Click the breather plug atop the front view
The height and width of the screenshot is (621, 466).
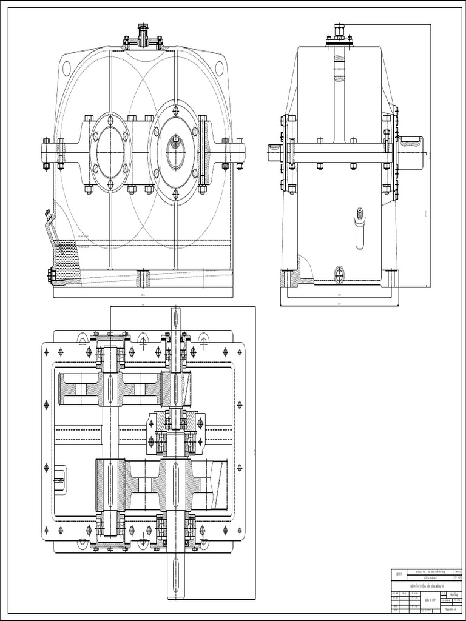click(x=143, y=35)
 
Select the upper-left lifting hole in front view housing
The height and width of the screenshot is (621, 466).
click(x=66, y=68)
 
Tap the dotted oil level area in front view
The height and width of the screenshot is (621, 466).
click(x=67, y=261)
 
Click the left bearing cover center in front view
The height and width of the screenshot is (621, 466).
click(x=110, y=152)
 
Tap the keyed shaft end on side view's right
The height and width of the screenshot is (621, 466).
click(x=413, y=151)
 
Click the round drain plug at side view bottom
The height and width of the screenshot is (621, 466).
click(x=339, y=274)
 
